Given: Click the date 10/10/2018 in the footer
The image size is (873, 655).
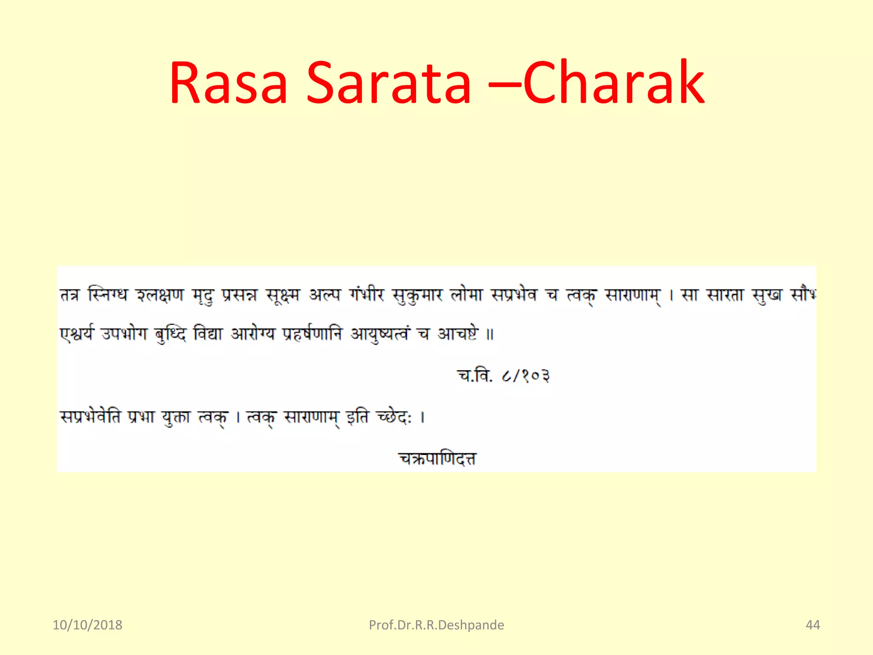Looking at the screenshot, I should (x=87, y=625).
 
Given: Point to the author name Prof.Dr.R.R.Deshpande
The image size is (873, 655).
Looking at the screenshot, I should (x=436, y=625).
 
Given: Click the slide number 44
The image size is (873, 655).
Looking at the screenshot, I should (x=812, y=625).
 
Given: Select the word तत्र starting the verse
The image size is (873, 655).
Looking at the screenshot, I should (x=69, y=295).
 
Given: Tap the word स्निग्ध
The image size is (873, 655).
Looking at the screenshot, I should (x=107, y=295).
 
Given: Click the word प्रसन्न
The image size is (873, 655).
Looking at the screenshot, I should (x=239, y=295).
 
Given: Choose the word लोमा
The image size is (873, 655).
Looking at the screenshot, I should (x=466, y=295).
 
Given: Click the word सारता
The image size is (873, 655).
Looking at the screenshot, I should (x=725, y=295).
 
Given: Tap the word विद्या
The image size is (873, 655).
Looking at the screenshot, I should (x=208, y=333).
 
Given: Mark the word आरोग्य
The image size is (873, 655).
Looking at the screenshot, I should (x=253, y=333).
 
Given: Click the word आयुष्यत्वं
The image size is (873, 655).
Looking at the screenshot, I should (x=380, y=333).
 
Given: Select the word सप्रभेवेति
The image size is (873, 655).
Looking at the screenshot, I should (x=90, y=417).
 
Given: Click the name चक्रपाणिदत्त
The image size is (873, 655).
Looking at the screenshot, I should (x=437, y=458).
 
